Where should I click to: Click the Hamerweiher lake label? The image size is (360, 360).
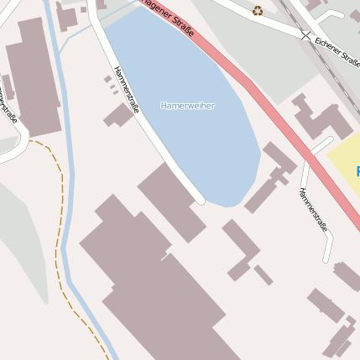click(x=187, y=106)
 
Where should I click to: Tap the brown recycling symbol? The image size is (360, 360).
click(x=258, y=11)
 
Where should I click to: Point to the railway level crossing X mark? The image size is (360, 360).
click(x=304, y=34)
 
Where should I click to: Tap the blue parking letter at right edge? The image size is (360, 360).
click(x=357, y=171)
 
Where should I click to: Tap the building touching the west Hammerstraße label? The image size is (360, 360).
click(x=118, y=115)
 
